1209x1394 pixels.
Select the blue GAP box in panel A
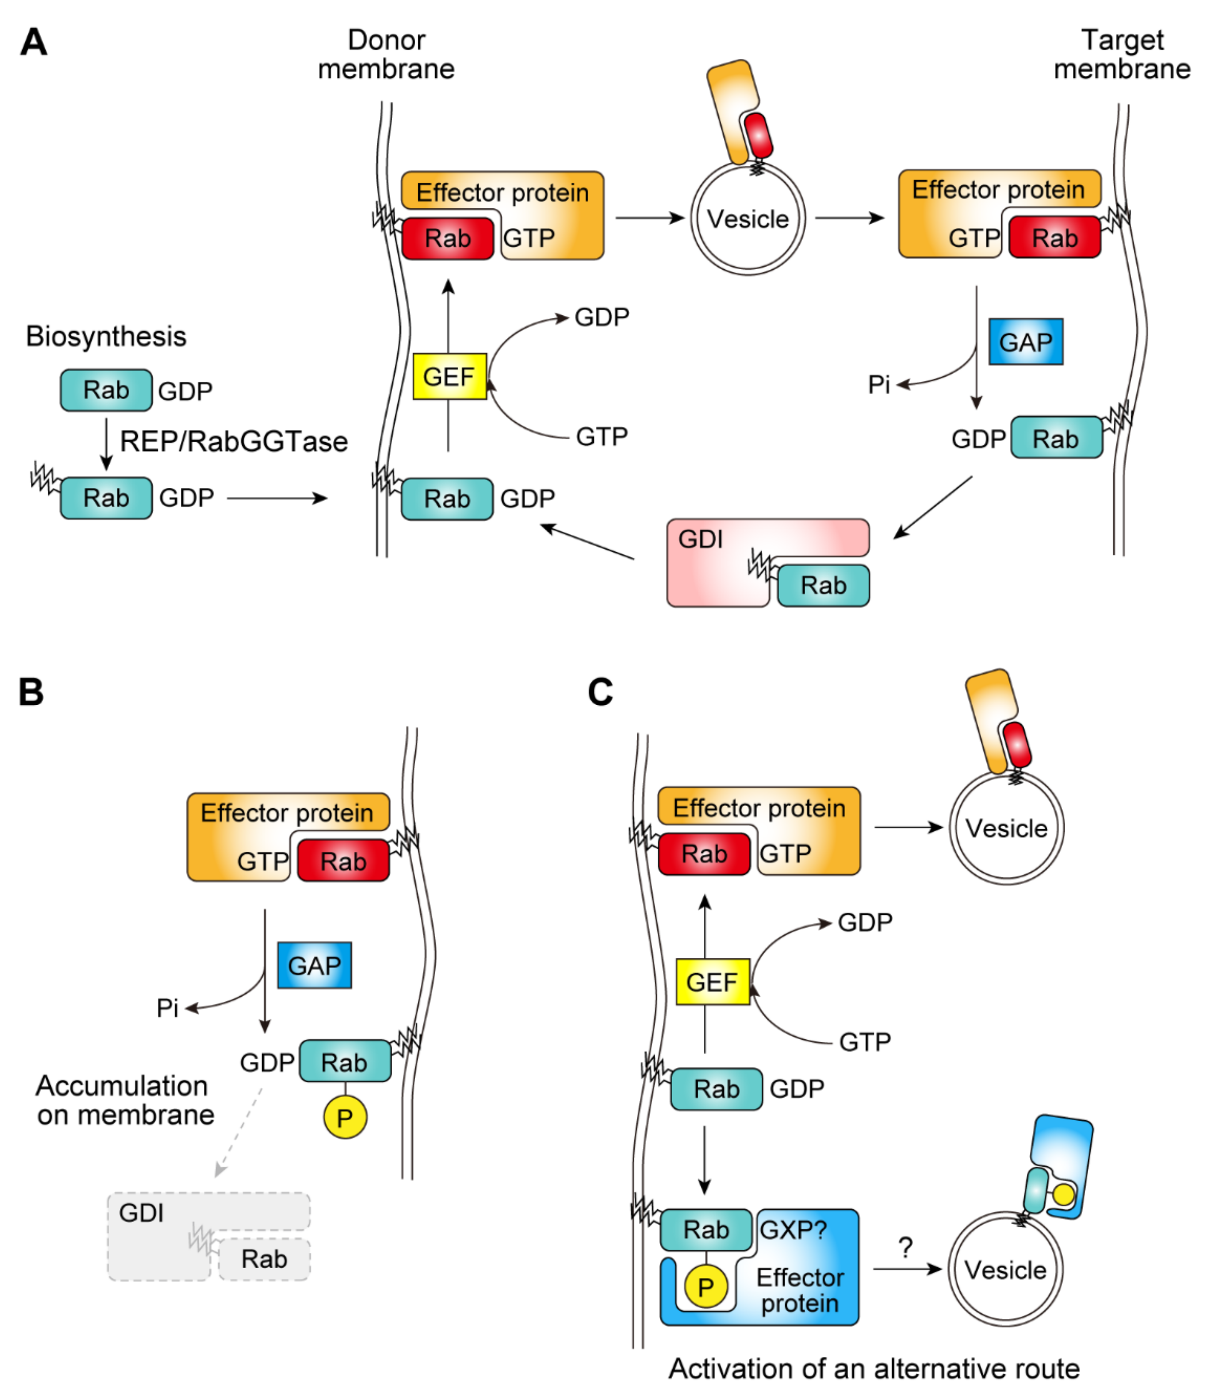coord(1026,342)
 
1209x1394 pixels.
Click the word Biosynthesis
coord(106,336)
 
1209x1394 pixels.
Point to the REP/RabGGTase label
coord(233,441)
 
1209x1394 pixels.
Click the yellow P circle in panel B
coord(345,1118)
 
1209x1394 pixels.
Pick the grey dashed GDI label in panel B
coord(141,1212)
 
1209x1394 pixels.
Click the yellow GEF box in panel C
coord(713,982)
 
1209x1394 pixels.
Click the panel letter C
coord(600,692)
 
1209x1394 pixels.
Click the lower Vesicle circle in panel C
coord(1005,1270)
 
